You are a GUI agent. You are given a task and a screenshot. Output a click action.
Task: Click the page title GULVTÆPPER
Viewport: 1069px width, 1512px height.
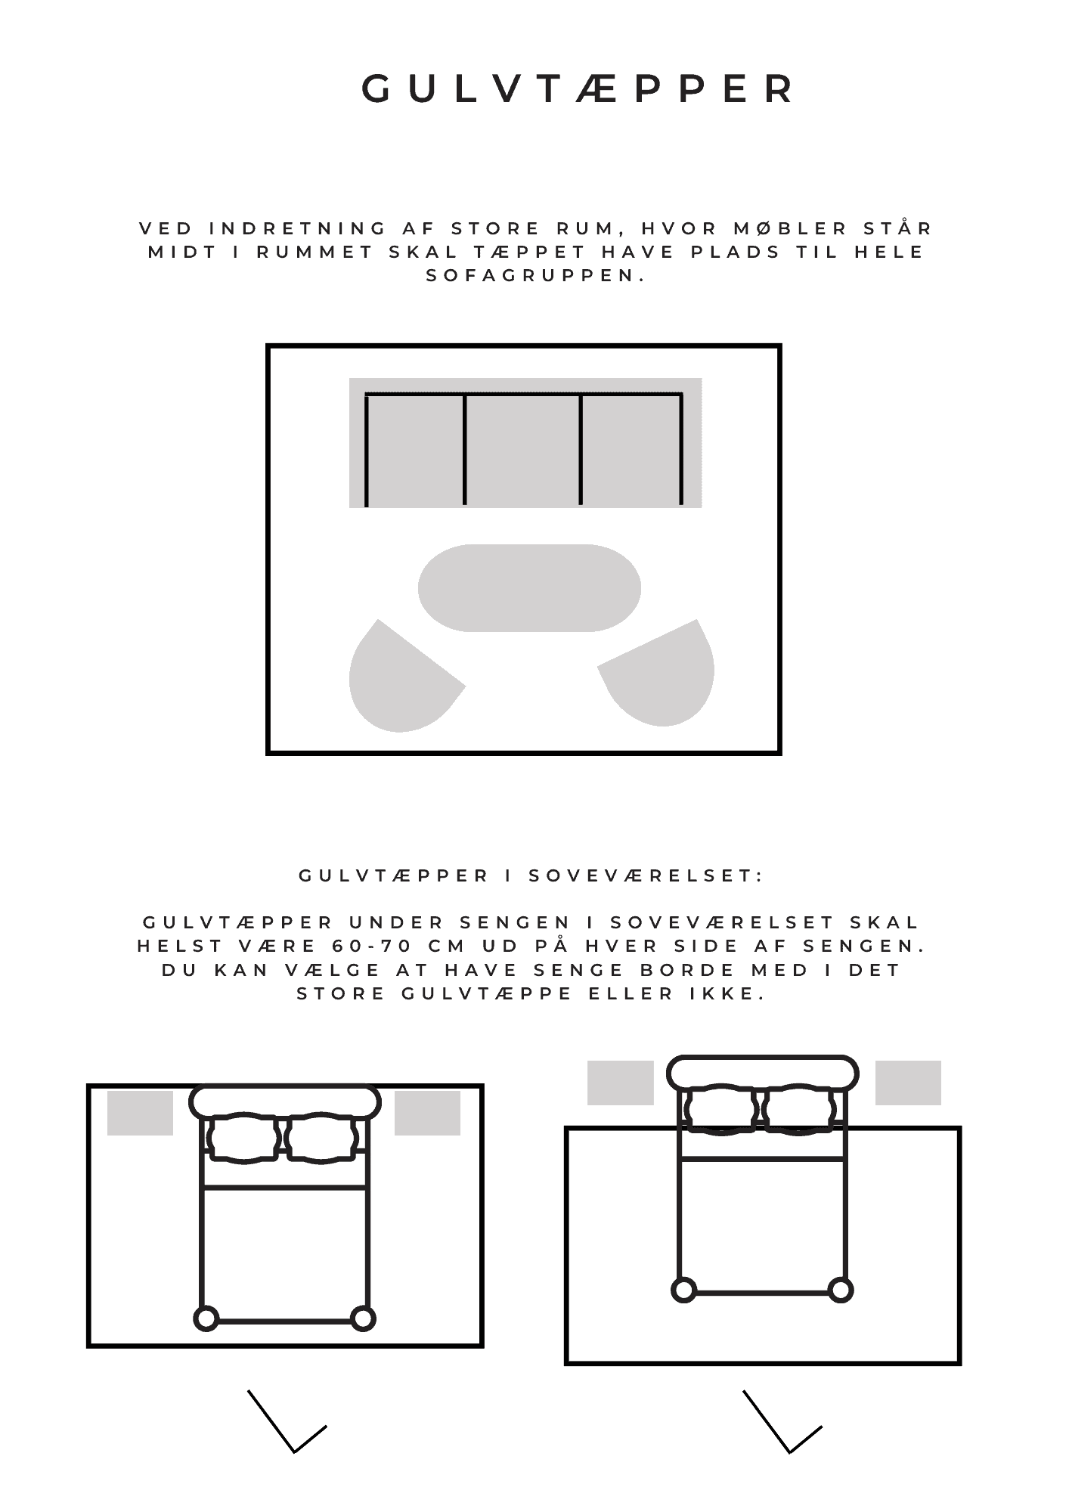pyautogui.click(x=578, y=89)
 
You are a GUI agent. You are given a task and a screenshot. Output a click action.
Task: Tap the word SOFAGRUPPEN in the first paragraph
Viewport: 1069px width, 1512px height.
pyautogui.click(x=536, y=276)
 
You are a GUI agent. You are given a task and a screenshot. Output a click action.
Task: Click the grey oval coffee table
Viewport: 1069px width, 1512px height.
pyautogui.click(x=529, y=587)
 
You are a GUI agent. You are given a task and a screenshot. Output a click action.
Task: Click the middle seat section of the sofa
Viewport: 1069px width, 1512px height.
pyautogui.click(x=522, y=450)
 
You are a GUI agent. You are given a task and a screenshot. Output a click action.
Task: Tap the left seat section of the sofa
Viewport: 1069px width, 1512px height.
pyautogui.click(x=415, y=450)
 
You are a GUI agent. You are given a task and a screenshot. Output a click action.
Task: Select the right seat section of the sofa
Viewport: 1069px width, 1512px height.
pyautogui.click(x=631, y=450)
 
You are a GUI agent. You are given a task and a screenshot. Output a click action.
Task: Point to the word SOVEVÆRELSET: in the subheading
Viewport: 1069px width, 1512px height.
pyautogui.click(x=646, y=875)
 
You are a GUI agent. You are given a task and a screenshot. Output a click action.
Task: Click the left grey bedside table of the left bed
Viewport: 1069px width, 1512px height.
pyautogui.click(x=140, y=1113)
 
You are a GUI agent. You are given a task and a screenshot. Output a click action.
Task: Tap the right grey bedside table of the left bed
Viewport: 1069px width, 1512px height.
pyautogui.click(x=427, y=1113)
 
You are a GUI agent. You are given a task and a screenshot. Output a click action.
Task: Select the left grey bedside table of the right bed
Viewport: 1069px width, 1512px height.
pyautogui.click(x=620, y=1083)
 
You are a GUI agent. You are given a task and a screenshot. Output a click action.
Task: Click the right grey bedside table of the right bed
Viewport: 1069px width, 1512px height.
pyautogui.click(x=908, y=1083)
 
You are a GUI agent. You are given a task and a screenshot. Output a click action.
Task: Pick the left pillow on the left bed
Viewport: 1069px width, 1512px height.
pyautogui.click(x=243, y=1137)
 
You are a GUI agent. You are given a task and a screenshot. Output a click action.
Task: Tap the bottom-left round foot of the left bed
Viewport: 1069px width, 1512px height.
pyautogui.click(x=206, y=1319)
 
